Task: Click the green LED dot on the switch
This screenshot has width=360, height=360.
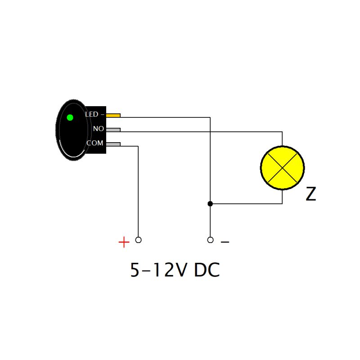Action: pyautogui.click(x=70, y=118)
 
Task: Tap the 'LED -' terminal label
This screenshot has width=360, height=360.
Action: pyautogui.click(x=94, y=115)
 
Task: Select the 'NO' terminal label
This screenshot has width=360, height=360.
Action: pyautogui.click(x=98, y=129)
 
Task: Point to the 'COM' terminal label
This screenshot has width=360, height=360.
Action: pyautogui.click(x=95, y=143)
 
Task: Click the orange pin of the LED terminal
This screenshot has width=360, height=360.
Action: pyautogui.click(x=113, y=115)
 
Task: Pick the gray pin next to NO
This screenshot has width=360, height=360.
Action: pyautogui.click(x=113, y=130)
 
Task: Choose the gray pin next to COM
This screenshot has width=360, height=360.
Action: pyautogui.click(x=113, y=144)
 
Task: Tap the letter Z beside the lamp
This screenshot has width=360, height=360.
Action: pyautogui.click(x=310, y=194)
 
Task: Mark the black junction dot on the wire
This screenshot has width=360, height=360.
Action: pyautogui.click(x=210, y=204)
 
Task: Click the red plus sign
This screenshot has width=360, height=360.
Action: pyautogui.click(x=124, y=243)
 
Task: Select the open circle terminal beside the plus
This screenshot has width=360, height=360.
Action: pyautogui.click(x=138, y=240)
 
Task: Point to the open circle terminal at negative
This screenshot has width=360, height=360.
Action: pyautogui.click(x=210, y=240)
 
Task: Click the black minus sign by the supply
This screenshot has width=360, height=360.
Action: pyautogui.click(x=225, y=243)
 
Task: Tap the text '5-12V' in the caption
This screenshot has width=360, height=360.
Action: pyautogui.click(x=158, y=270)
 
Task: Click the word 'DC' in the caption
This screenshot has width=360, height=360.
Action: pyautogui.click(x=207, y=270)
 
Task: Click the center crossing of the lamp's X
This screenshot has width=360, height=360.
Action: pyautogui.click(x=282, y=167)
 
